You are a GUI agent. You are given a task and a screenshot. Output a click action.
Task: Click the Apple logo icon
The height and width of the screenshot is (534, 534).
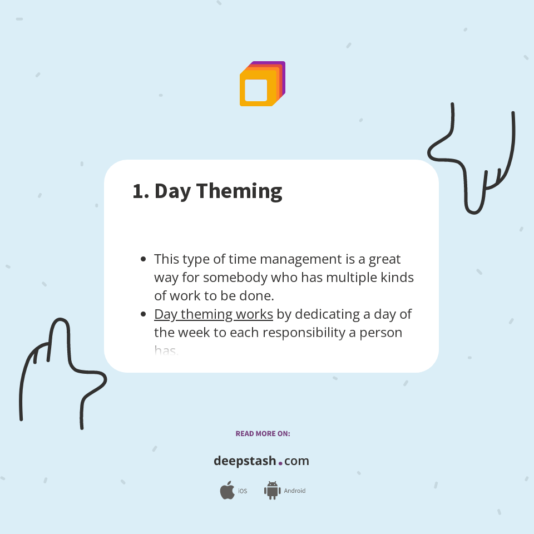click(227, 491)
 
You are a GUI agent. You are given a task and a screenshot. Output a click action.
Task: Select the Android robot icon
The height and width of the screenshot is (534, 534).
click(272, 490)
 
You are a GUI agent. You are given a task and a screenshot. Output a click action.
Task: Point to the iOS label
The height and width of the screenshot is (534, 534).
click(243, 491)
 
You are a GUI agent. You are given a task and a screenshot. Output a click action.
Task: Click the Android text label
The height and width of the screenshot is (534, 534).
click(295, 491)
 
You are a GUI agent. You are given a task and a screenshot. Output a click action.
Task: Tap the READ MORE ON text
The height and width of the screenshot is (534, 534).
click(263, 433)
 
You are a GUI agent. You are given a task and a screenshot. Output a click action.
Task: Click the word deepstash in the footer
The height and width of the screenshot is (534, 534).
click(245, 461)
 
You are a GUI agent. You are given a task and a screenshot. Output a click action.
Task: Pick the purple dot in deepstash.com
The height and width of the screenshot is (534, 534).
click(280, 463)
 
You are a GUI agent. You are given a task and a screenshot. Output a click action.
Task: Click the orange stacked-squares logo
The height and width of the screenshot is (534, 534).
click(262, 83)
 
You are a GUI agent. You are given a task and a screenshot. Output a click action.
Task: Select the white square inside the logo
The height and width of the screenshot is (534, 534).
click(256, 90)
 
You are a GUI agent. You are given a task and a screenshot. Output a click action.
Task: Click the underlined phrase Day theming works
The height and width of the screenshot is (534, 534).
click(214, 314)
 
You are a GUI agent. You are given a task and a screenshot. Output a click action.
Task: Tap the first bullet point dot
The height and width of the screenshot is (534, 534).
click(144, 259)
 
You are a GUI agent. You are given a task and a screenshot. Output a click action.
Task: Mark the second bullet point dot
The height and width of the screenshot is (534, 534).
click(144, 314)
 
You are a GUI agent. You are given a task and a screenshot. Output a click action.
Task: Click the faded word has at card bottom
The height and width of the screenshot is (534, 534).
click(166, 350)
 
